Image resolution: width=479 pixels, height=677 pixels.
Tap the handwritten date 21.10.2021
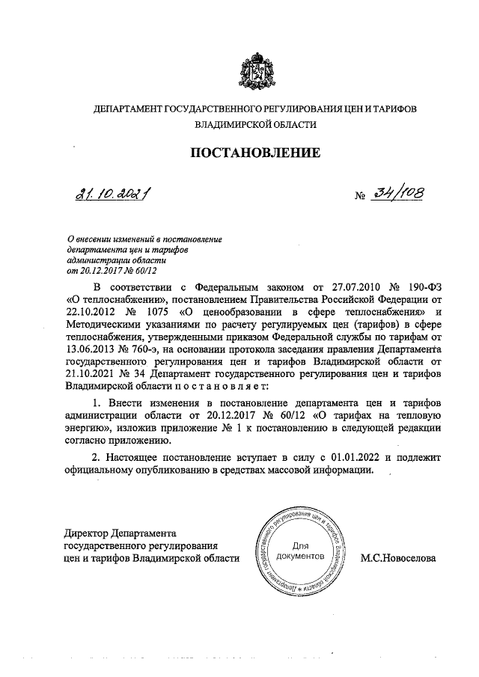coord(109,196)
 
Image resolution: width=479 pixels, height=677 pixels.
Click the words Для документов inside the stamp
coord(300,552)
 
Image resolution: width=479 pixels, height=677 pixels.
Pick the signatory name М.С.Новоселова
coord(397,557)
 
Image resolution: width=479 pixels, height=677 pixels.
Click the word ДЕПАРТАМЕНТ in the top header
coord(132,108)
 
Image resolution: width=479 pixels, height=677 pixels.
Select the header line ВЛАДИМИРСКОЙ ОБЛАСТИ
coord(255,126)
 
